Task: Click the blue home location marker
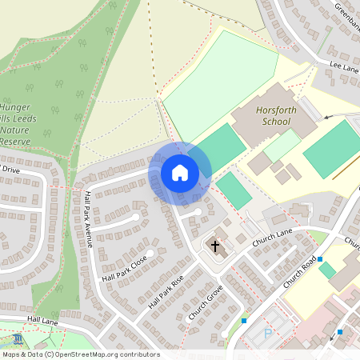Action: click(180, 172)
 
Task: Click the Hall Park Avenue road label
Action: click(88, 218)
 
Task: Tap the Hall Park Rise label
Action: click(166, 291)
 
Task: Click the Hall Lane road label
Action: click(42, 319)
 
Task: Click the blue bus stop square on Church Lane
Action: click(320, 259)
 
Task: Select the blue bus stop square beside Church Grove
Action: click(244, 321)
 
